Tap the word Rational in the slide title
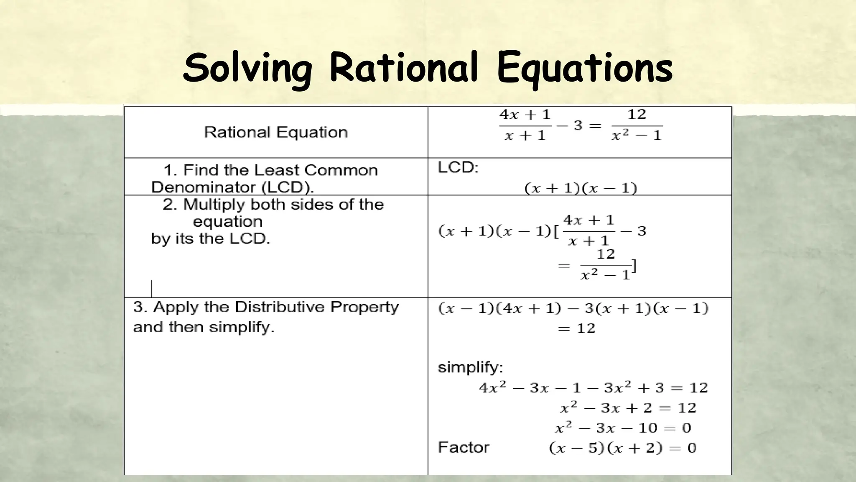[x=403, y=67]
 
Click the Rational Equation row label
[x=275, y=132]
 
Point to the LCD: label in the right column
[x=458, y=167]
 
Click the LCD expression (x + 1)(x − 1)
[x=581, y=188]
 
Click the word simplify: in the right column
[x=470, y=367]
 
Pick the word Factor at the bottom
[x=464, y=447]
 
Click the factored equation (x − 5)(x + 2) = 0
[x=622, y=448]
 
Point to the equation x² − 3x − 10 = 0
[x=623, y=428]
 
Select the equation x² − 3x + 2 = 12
[x=628, y=408]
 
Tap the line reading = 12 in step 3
[x=576, y=328]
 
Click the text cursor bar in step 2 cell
[x=152, y=289]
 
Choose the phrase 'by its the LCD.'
[x=211, y=238]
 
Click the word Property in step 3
[x=364, y=307]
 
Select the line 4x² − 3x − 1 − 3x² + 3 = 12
[x=593, y=387]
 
